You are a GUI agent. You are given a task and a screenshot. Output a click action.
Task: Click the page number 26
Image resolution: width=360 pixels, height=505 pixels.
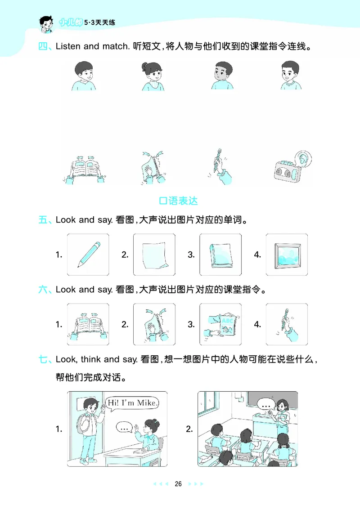click(x=178, y=484)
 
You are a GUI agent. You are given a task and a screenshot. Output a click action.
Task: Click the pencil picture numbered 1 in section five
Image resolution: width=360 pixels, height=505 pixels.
click(x=88, y=255)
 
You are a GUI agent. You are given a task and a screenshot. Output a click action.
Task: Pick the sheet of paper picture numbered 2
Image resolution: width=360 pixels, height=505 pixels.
click(x=154, y=255)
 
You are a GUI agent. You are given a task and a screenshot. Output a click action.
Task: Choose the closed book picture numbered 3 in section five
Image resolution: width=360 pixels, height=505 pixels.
click(x=220, y=255)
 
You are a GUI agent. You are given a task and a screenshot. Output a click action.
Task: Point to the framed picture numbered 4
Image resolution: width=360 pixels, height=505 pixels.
click(x=287, y=255)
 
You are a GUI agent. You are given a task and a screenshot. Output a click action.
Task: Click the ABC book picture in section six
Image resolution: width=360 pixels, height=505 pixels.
click(x=220, y=324)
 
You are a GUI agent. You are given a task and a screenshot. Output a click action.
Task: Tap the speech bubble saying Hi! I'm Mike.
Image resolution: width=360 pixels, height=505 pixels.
click(x=133, y=403)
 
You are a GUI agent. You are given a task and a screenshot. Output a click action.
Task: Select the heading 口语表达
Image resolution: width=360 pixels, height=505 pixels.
click(x=179, y=200)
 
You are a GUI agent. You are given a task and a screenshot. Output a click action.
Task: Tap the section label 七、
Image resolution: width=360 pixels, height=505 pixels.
click(x=45, y=359)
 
